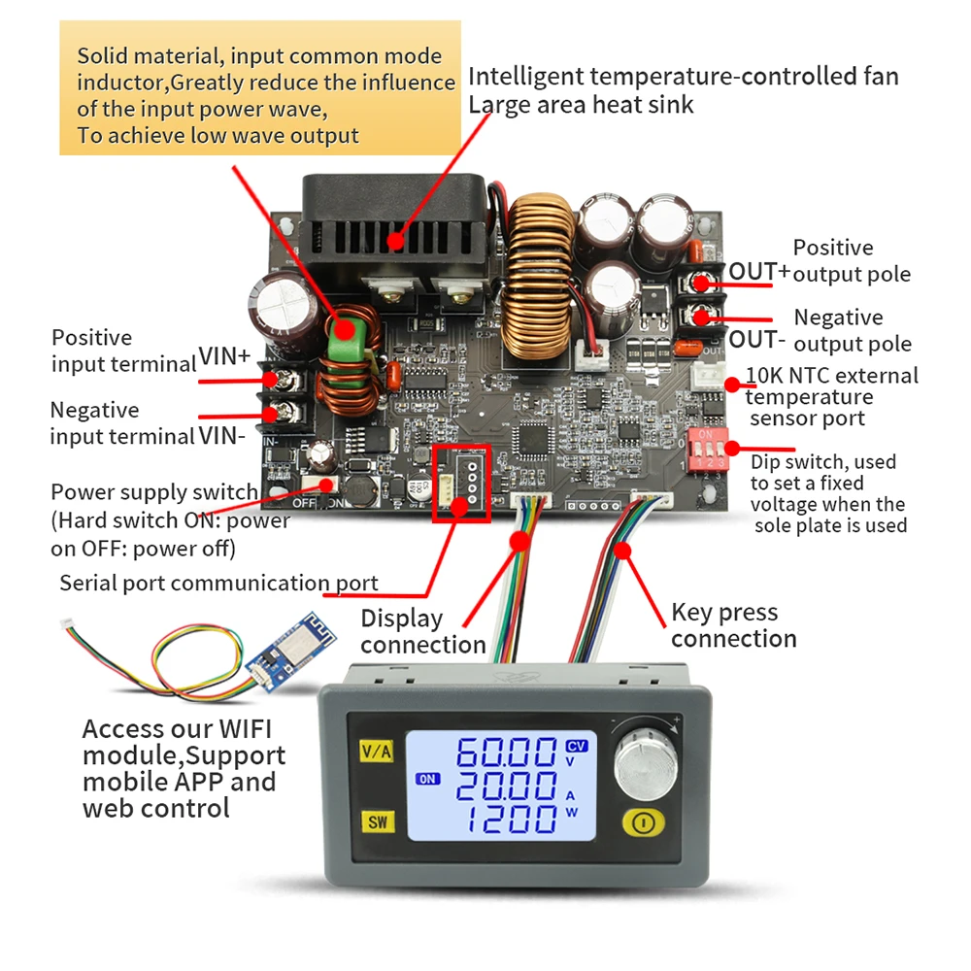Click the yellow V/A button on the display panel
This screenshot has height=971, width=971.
point(376,751)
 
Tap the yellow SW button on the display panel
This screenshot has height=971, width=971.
point(376,822)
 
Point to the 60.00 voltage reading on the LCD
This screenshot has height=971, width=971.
point(507,753)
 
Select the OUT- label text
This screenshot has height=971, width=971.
point(756,339)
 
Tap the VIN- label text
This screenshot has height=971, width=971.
point(222,435)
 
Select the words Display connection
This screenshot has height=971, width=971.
point(422,631)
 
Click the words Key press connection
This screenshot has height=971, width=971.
point(733,625)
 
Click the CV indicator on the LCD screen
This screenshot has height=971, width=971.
point(576,745)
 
